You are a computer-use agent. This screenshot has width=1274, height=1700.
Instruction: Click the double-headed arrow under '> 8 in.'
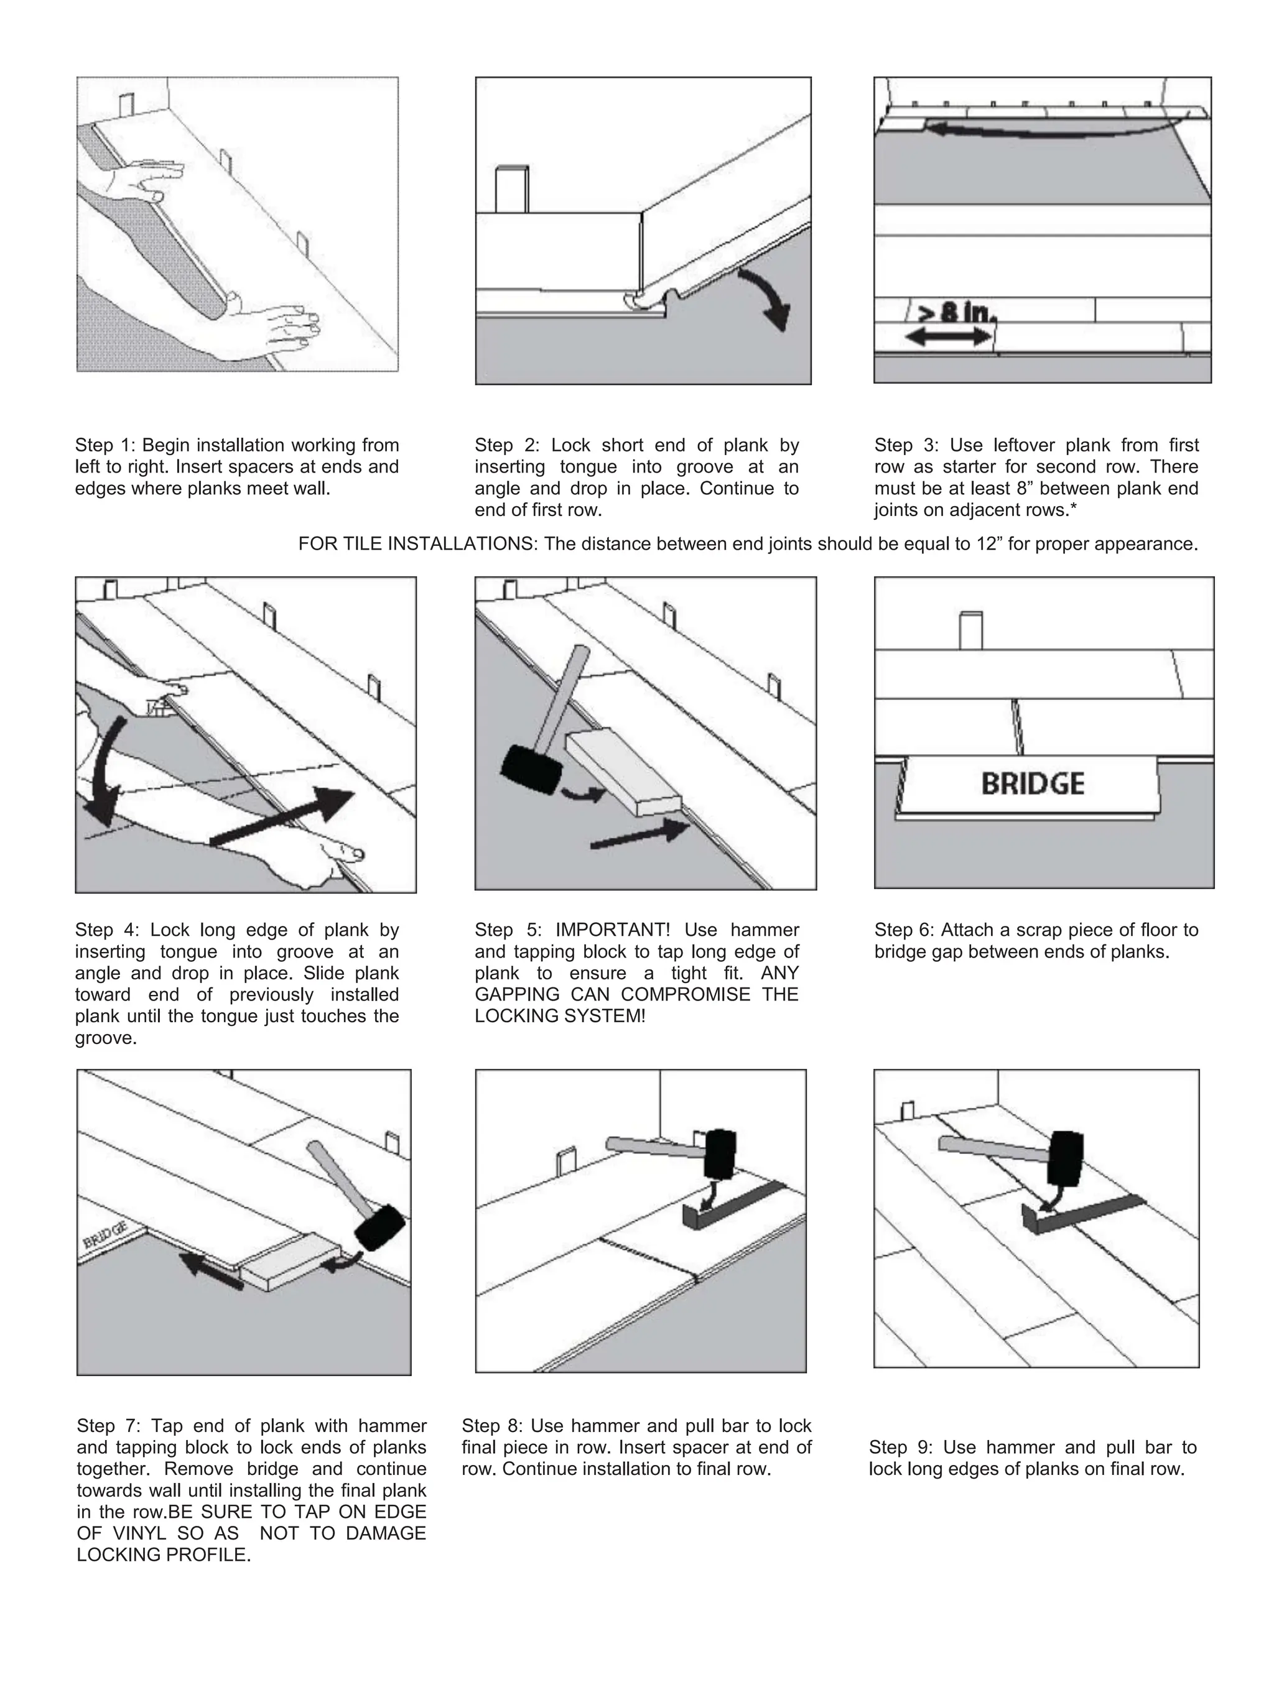(x=949, y=336)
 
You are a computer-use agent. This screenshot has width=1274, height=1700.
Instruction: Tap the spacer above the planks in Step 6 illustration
(x=971, y=631)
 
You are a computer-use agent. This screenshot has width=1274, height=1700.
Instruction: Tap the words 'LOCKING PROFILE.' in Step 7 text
(x=163, y=1554)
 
